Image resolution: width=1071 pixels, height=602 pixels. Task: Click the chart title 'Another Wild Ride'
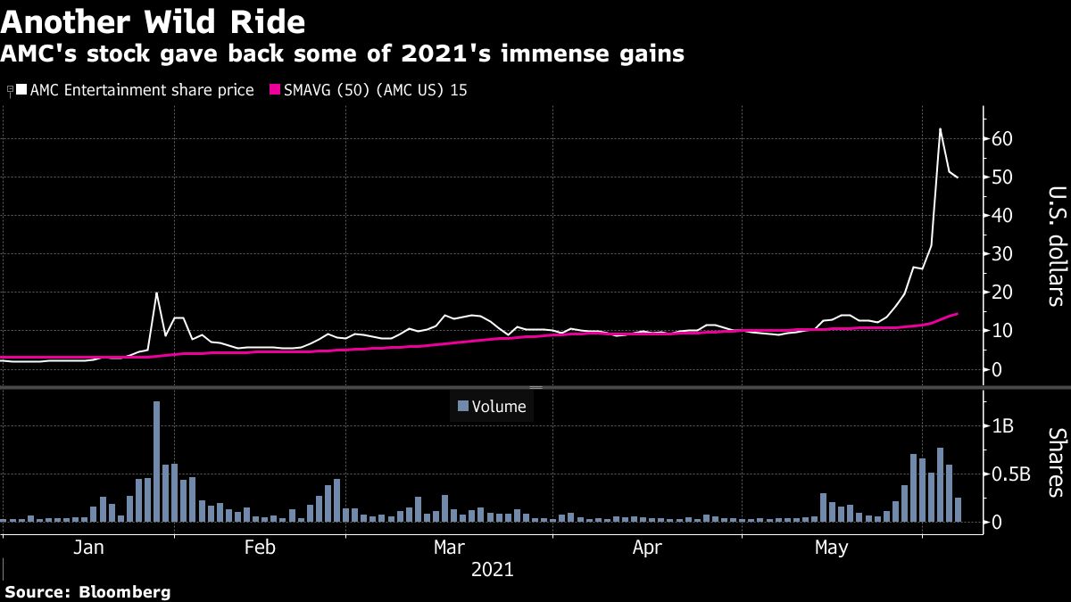154,21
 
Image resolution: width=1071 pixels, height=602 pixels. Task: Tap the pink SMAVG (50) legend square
276,89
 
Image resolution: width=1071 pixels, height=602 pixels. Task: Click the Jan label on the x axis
89,548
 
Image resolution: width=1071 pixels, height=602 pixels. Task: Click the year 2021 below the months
491,569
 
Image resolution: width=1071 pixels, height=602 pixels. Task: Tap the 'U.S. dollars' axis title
1056,246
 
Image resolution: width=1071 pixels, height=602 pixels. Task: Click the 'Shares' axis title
1056,462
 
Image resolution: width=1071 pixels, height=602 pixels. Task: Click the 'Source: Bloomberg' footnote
87,591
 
